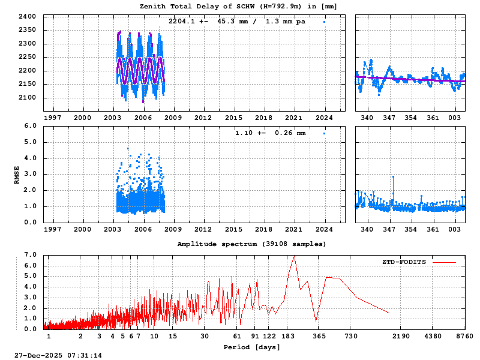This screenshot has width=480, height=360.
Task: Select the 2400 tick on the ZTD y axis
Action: click(x=28, y=16)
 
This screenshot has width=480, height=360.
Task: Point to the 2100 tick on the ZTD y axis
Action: click(x=28, y=98)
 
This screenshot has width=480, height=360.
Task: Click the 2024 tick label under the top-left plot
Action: click(x=325, y=118)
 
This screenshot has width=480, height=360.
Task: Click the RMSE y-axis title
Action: click(x=17, y=175)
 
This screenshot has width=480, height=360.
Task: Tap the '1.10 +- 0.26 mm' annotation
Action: click(x=270, y=133)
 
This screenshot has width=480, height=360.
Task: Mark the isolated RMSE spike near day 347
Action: click(x=393, y=177)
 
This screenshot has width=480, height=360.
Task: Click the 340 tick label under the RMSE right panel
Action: click(x=367, y=229)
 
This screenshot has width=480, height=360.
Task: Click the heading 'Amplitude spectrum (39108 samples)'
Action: click(x=251, y=244)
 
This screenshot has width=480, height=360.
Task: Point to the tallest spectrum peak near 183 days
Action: click(x=294, y=256)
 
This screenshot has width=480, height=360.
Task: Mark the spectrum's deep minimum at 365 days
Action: click(x=316, y=321)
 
